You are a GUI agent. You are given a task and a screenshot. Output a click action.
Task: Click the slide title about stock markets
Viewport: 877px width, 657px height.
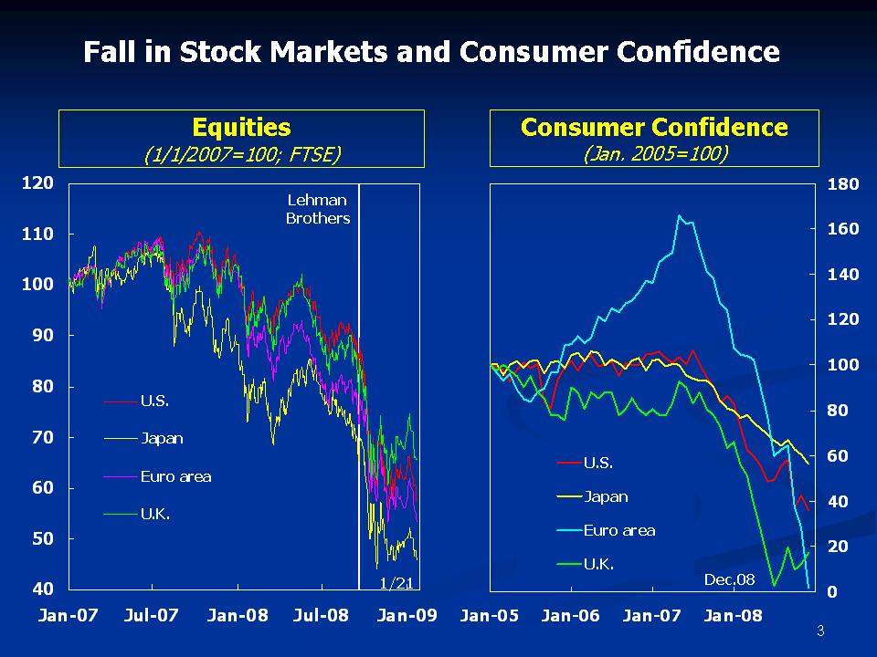point(431,51)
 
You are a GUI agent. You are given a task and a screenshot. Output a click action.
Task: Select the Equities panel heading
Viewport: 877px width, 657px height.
point(242,127)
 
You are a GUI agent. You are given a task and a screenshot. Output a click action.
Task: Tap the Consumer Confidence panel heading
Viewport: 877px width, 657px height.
point(654,127)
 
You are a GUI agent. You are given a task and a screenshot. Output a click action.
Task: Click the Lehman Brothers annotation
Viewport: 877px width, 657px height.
point(318,209)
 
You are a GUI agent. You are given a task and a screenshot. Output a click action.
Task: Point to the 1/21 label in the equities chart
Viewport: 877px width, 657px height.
point(397,582)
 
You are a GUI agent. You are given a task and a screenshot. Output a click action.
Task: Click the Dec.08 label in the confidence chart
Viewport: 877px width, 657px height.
point(729,579)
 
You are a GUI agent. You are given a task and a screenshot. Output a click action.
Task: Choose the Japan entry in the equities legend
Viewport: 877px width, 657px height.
point(162,438)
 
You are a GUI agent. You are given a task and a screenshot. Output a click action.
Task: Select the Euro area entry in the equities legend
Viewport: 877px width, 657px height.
point(175,475)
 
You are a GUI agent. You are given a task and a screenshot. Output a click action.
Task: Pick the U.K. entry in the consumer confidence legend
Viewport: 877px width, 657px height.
point(598,564)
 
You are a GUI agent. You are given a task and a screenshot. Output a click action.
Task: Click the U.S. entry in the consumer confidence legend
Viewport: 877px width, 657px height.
point(597,463)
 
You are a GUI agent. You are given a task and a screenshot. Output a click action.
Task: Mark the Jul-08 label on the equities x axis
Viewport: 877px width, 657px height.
point(322,616)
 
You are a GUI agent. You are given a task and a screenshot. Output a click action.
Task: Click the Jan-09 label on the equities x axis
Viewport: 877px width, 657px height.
point(407,616)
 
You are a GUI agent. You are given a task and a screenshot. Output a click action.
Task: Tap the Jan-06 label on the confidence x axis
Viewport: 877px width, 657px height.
point(571,616)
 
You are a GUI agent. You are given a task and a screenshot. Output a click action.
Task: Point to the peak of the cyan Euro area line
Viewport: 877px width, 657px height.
point(680,216)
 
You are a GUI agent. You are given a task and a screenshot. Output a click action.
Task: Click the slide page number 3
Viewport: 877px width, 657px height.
point(819,631)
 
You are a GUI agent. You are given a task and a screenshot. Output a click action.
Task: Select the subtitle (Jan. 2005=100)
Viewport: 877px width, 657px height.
point(654,153)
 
